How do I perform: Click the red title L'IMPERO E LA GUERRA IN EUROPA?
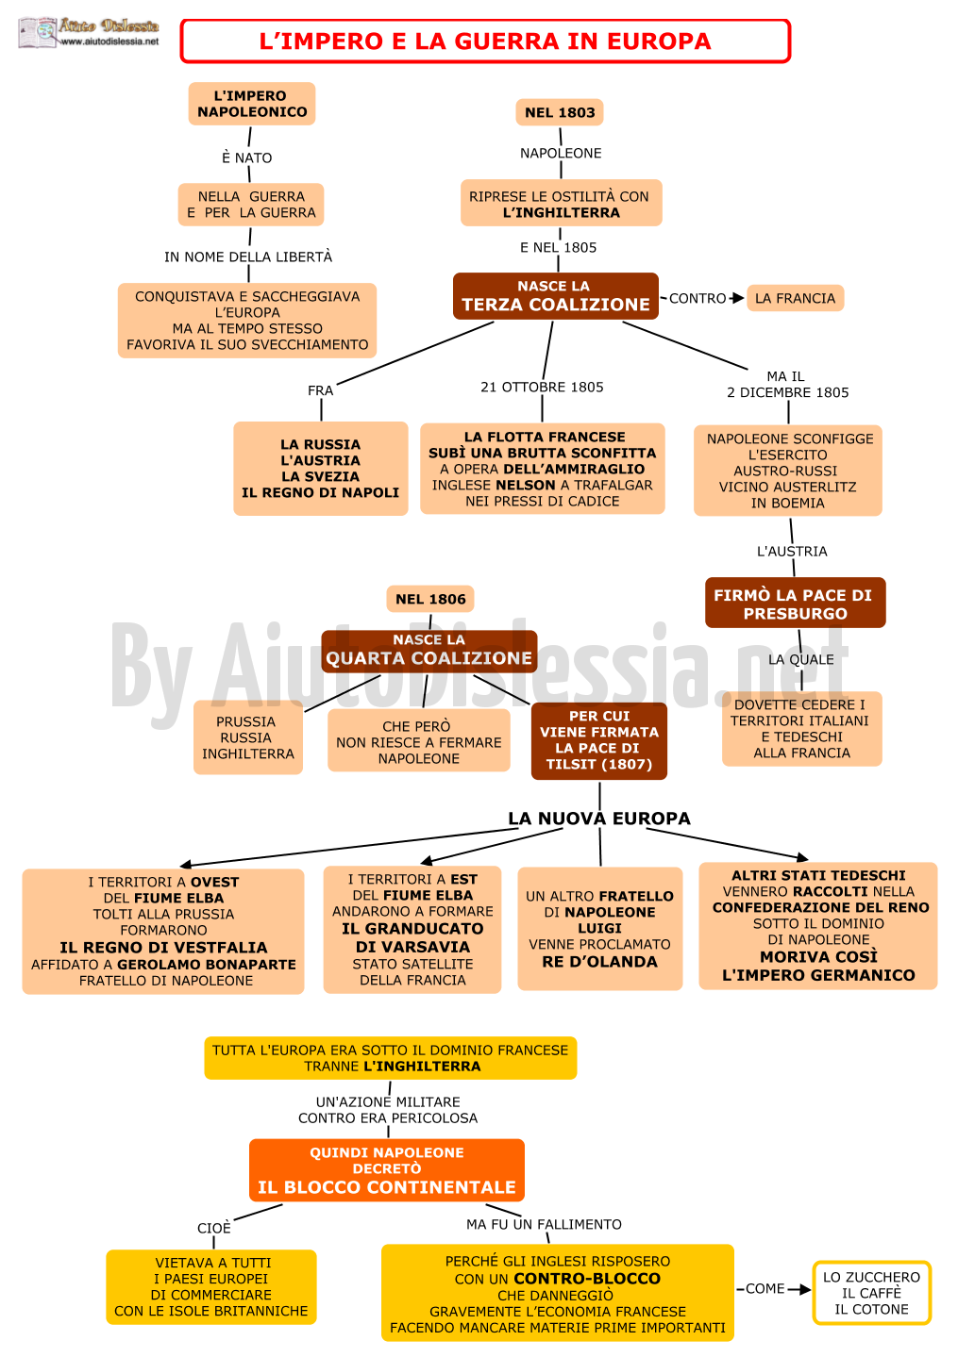(484, 41)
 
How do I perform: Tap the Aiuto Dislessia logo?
(89, 33)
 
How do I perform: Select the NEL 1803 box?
(559, 112)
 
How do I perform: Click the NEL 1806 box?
(429, 599)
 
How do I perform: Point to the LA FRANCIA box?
(795, 298)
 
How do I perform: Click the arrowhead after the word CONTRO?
(738, 298)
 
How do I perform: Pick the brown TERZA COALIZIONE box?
(555, 295)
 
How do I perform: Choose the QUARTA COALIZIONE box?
(429, 651)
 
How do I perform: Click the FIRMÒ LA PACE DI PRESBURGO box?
(795, 603)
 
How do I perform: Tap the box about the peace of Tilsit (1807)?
(599, 740)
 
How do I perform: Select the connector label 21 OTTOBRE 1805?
(542, 388)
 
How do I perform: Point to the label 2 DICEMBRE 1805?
(787, 392)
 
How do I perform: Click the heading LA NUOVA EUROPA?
(599, 819)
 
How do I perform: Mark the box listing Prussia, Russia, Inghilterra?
(248, 737)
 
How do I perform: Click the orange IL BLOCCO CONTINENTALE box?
(387, 1169)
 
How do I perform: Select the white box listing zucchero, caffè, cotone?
(871, 1293)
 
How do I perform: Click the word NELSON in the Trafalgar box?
(525, 486)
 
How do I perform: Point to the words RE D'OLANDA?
(599, 962)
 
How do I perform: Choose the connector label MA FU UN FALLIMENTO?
(544, 1224)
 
